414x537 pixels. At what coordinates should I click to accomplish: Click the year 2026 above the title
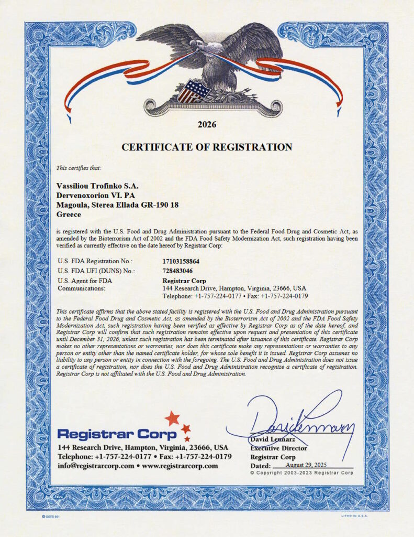207,125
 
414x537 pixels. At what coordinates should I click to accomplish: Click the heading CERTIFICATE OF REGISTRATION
207,147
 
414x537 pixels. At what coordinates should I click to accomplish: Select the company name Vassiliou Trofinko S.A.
97,186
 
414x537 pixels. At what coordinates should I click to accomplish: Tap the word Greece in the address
69,214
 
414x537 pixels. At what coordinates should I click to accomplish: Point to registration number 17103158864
181,261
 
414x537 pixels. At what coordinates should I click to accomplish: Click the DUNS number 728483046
178,271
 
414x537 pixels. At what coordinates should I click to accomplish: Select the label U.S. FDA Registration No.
95,261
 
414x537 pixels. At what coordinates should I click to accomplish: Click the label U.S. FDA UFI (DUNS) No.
96,271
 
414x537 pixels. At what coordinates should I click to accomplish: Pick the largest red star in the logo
172,418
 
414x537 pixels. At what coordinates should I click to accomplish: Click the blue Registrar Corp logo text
117,434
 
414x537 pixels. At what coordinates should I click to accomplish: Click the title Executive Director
278,448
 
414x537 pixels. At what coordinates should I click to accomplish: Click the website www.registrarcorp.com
180,466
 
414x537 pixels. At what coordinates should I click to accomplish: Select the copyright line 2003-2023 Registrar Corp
301,472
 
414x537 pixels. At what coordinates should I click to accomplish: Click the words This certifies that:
79,168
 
